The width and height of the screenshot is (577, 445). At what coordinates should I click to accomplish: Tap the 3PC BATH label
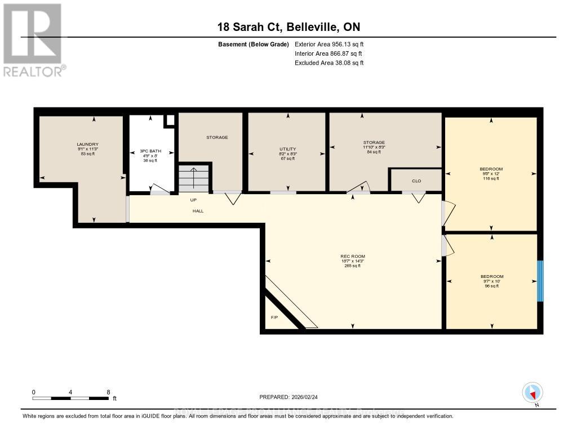pyautogui.click(x=149, y=151)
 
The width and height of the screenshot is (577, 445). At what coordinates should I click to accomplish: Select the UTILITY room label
pyautogui.click(x=287, y=149)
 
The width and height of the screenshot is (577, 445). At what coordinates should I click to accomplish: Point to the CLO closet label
pyautogui.click(x=416, y=181)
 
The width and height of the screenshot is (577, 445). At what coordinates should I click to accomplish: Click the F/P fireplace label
pyautogui.click(x=274, y=318)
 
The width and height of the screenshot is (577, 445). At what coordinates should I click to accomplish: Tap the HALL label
pyautogui.click(x=197, y=211)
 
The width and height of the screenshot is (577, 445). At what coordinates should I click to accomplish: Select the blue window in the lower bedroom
pyautogui.click(x=540, y=281)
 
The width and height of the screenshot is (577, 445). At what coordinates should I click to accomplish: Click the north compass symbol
pyautogui.click(x=532, y=392)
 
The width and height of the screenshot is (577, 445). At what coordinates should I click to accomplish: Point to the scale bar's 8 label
pyautogui.click(x=108, y=392)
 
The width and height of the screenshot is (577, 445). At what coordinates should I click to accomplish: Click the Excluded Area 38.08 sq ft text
pyautogui.click(x=329, y=63)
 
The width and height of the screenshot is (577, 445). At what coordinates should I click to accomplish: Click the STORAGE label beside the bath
pyautogui.click(x=217, y=137)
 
